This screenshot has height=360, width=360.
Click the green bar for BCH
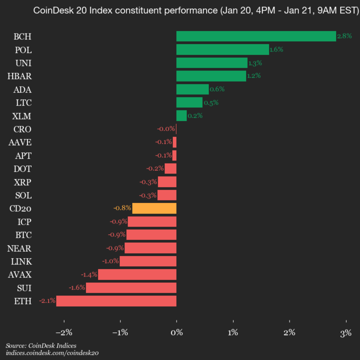click(256, 36)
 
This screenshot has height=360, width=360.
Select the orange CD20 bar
click(154, 208)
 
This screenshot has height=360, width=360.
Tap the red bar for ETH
click(116, 300)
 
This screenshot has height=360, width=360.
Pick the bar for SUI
click(131, 287)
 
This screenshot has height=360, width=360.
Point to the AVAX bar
click(137, 274)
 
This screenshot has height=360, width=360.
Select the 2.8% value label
click(344, 36)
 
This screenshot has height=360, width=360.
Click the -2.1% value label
click(47, 300)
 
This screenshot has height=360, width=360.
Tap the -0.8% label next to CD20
click(122, 208)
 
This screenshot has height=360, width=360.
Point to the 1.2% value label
click(254, 76)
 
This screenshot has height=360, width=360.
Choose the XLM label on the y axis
click(22, 115)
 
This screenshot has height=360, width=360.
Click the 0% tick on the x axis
click(176, 332)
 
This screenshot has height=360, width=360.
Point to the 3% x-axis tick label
click(345, 332)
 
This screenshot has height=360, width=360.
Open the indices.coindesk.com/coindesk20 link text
click(52, 353)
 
